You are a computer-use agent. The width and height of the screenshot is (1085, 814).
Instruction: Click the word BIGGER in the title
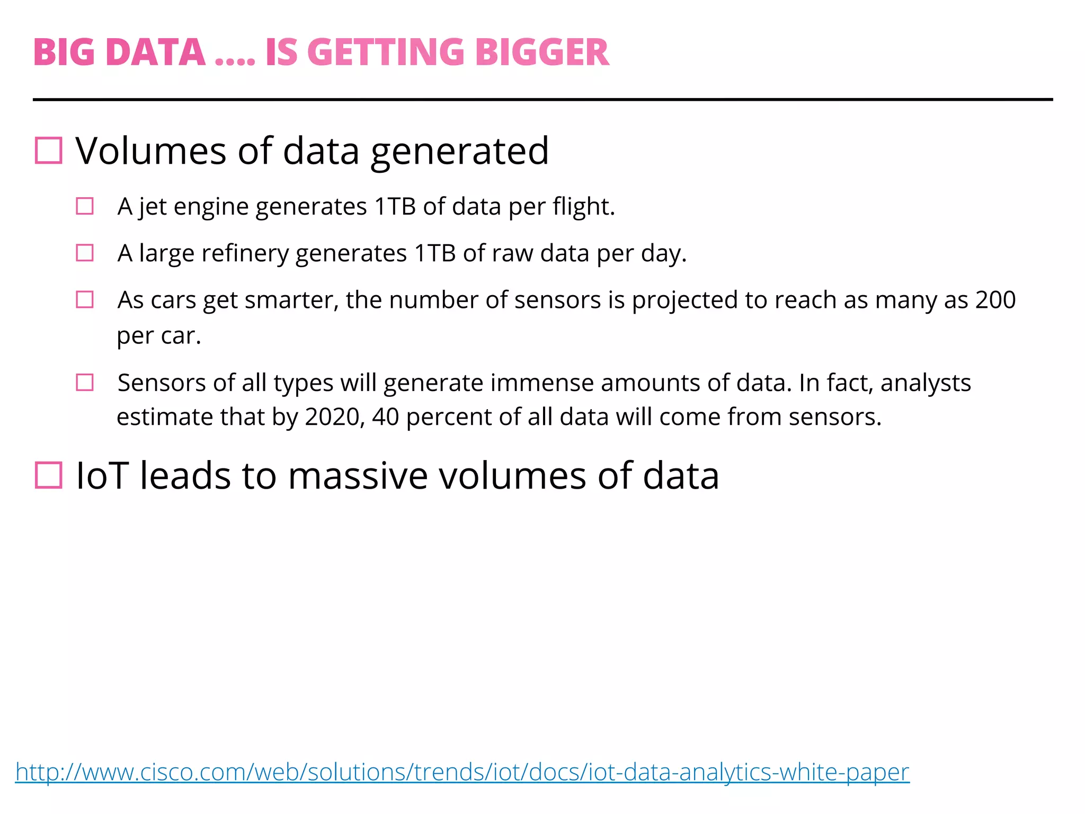coord(542,52)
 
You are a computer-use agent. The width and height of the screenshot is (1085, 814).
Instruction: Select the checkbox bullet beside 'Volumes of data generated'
coord(49,151)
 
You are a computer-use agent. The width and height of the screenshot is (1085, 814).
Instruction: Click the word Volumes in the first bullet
coord(151,151)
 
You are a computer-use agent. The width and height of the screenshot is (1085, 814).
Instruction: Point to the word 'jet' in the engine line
coord(153,207)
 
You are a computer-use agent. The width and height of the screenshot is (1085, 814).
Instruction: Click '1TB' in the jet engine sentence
coord(395,207)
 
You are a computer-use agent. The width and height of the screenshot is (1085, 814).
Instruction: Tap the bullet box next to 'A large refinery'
coord(85,253)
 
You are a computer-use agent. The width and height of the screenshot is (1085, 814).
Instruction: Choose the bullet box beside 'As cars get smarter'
coord(85,299)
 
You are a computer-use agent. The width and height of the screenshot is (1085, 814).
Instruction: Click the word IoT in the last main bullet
coord(102,475)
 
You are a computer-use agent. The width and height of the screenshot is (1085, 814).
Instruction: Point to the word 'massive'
coord(358,475)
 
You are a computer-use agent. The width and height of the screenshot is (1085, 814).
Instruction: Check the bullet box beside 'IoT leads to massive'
coord(49,475)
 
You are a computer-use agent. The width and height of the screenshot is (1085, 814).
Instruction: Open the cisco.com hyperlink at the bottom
coord(462,772)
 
